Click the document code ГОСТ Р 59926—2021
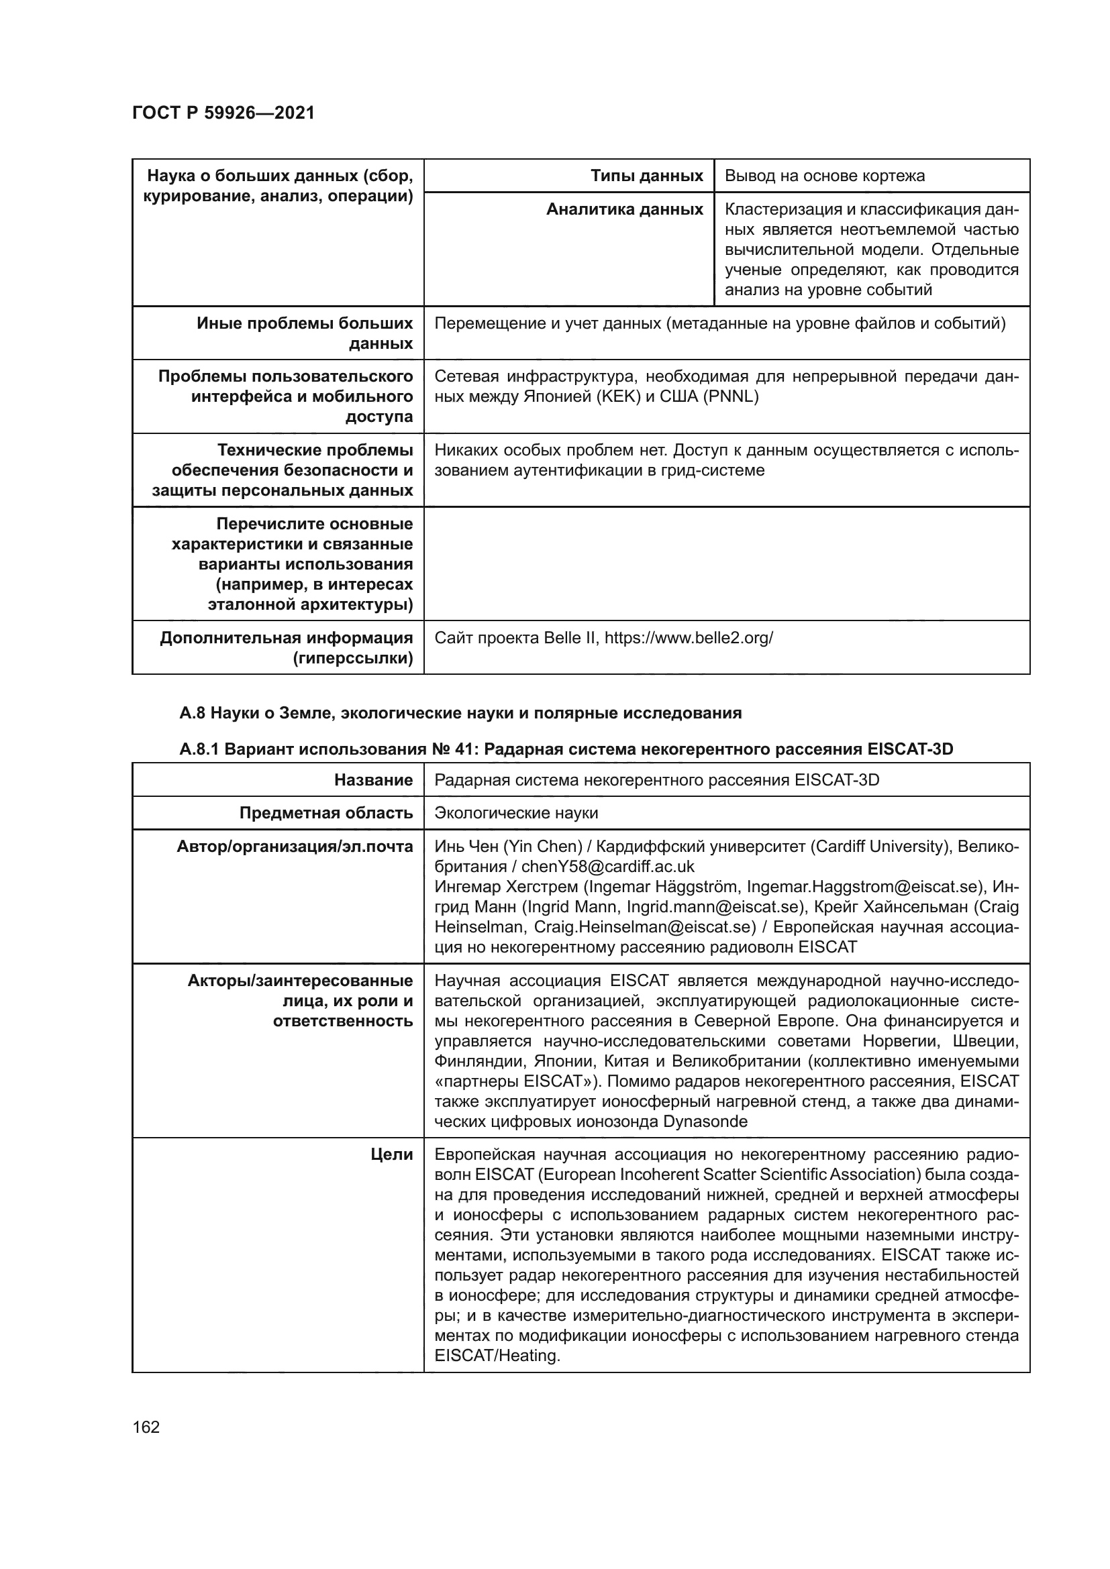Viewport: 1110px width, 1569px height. (223, 113)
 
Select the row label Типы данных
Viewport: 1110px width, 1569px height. (646, 176)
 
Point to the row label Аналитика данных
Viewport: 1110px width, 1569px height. (624, 210)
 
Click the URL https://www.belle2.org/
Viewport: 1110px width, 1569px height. (689, 638)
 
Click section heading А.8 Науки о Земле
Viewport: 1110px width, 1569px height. (460, 714)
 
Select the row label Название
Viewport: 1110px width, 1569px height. (373, 780)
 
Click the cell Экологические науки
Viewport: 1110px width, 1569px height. (516, 813)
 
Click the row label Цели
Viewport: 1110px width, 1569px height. (392, 1155)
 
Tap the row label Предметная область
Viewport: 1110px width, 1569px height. (326, 813)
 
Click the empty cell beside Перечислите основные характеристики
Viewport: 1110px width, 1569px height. (726, 564)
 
